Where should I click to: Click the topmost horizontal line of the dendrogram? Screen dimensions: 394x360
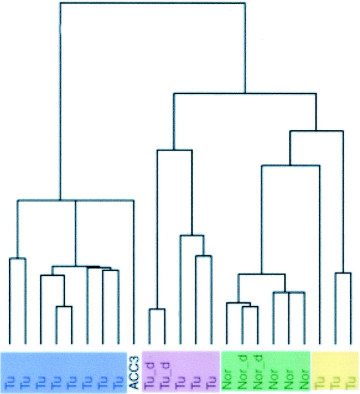pos(153,3)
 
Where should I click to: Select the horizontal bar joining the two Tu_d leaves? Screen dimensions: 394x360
pos(157,309)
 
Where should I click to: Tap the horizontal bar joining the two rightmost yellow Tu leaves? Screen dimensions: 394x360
pos(343,273)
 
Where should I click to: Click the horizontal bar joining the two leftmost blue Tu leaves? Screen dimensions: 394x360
pos(18,259)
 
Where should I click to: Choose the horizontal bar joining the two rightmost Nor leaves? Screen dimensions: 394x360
pos(296,292)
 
